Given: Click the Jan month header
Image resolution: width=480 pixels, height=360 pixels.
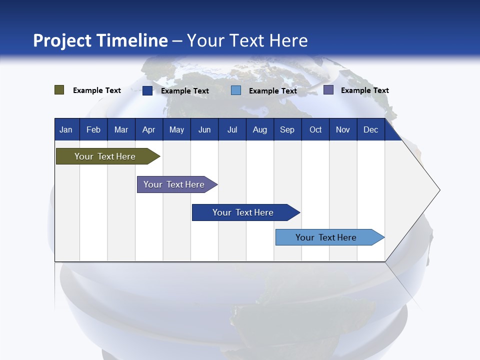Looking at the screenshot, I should click(x=66, y=130).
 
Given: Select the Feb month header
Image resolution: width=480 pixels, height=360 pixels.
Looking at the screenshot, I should click(x=93, y=130).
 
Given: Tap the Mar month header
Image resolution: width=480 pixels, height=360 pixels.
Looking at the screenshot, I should click(x=121, y=130).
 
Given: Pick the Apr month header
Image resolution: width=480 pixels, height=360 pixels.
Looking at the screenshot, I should click(x=149, y=130).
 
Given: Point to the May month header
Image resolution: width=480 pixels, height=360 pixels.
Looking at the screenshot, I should click(x=176, y=130).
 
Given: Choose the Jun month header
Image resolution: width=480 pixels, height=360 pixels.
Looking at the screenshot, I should click(x=204, y=130).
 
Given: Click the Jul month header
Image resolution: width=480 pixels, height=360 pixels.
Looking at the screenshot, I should click(x=232, y=130).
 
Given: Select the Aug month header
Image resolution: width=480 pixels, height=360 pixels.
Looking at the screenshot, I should click(x=260, y=130).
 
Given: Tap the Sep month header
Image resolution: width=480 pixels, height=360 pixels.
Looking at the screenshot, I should click(x=287, y=130).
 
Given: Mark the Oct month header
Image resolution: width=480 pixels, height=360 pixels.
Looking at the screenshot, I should click(x=315, y=130).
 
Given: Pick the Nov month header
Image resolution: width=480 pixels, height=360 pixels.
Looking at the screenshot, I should click(x=343, y=130).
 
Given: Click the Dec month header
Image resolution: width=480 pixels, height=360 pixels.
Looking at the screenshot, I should click(x=371, y=130).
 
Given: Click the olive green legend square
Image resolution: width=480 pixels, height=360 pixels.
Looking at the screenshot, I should click(x=59, y=90).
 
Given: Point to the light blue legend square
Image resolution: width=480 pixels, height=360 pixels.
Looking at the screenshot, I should click(x=236, y=90).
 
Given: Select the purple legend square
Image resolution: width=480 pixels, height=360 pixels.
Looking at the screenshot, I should click(x=328, y=90).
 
